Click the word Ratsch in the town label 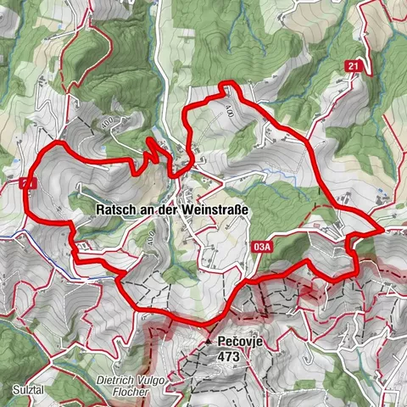pos(119,209)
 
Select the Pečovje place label pos(239,341)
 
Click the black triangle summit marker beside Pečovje pos(208,341)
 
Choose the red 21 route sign pos(354,66)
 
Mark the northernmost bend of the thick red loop pos(227,84)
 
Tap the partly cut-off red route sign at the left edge pos(27,182)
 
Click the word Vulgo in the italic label pos(158,381)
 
